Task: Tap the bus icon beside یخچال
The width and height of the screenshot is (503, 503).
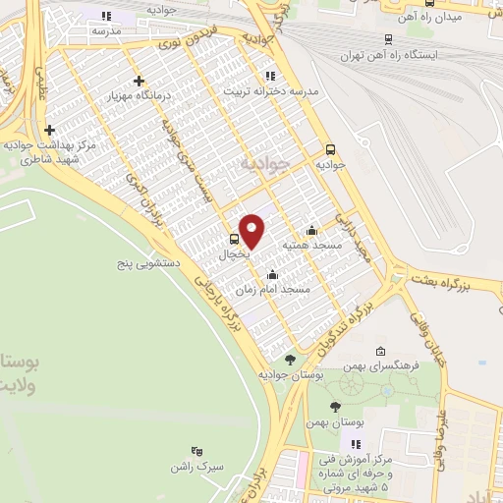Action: coord(234,238)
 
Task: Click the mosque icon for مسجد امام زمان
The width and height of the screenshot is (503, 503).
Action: coord(272,275)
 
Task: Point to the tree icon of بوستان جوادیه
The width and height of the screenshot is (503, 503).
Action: coord(289,361)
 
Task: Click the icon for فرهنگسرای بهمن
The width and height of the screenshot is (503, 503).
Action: coord(380,352)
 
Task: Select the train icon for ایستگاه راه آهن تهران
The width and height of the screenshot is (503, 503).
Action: coord(389,40)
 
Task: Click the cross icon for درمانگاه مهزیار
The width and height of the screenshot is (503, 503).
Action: coord(139,81)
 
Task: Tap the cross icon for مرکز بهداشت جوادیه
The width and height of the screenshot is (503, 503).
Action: coord(49,130)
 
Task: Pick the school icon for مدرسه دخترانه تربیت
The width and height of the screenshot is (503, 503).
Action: coord(269,77)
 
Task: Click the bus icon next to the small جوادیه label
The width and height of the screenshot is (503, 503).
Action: coord(330,150)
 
